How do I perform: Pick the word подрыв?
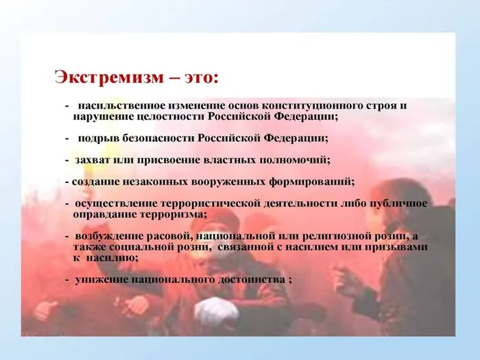[x=96, y=138]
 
